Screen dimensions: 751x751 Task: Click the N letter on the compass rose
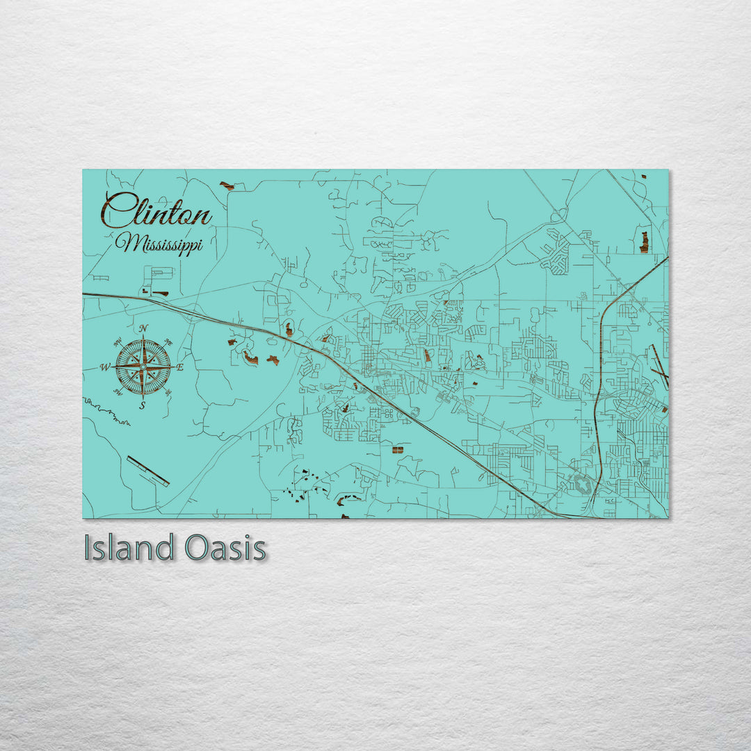143,328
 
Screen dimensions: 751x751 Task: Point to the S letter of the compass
143,405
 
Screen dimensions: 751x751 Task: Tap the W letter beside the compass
105,367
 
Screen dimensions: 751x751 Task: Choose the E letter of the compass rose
180,367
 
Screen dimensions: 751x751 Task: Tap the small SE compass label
168,391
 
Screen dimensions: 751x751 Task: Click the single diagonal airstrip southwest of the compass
148,471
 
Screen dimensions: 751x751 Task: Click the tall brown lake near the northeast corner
644,241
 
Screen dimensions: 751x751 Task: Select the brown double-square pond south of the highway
398,450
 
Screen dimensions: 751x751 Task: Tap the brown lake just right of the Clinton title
227,186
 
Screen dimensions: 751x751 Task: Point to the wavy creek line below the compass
108,412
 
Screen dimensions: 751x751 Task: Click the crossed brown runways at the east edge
659,366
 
